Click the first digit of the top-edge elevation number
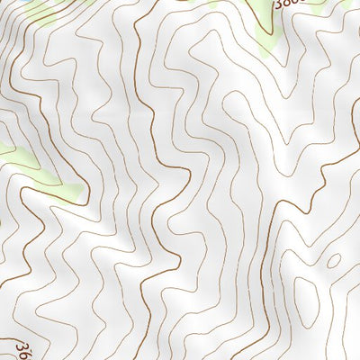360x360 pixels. click(278, 4)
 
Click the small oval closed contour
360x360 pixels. click(334, 261)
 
